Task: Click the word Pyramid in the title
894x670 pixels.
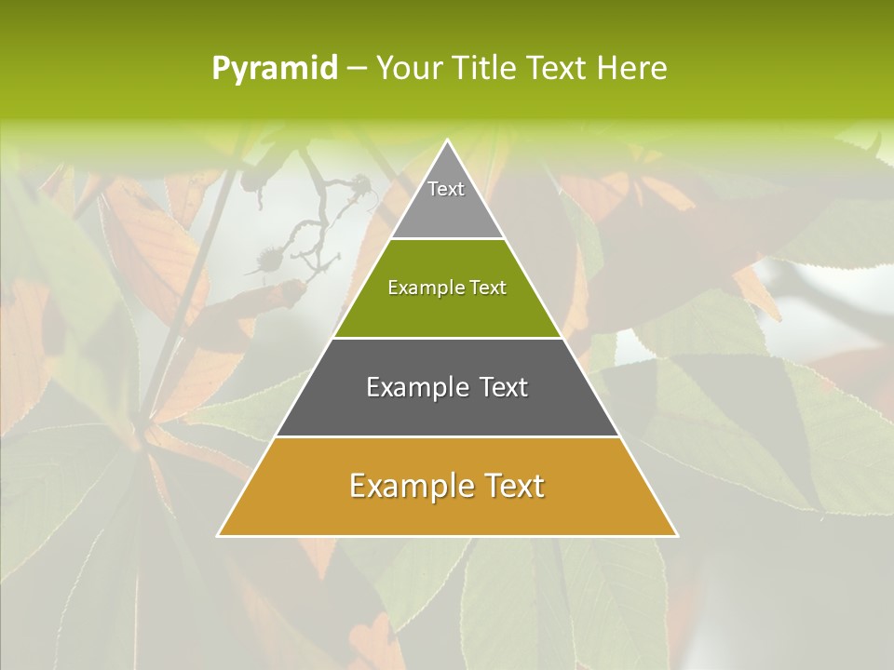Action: coord(274,69)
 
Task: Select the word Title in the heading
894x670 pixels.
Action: coord(487,69)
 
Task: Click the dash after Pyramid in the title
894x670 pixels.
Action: coord(357,69)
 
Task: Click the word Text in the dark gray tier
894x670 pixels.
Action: coord(495,387)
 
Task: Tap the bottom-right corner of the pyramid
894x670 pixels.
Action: coord(676,535)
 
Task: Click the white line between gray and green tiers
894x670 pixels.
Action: coord(447,238)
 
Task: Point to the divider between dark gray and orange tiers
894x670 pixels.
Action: coord(447,437)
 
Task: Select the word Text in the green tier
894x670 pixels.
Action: coord(488,288)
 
